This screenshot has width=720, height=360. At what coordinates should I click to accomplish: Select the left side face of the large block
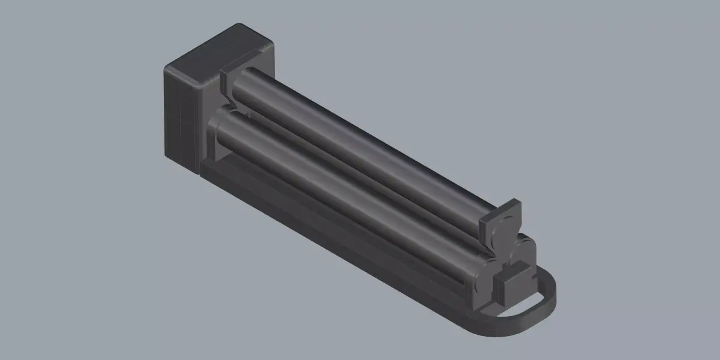click(x=180, y=117)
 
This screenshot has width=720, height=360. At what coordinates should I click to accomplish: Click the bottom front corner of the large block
click(x=198, y=173)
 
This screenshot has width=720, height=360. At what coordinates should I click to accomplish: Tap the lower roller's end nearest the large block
click(x=225, y=120)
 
